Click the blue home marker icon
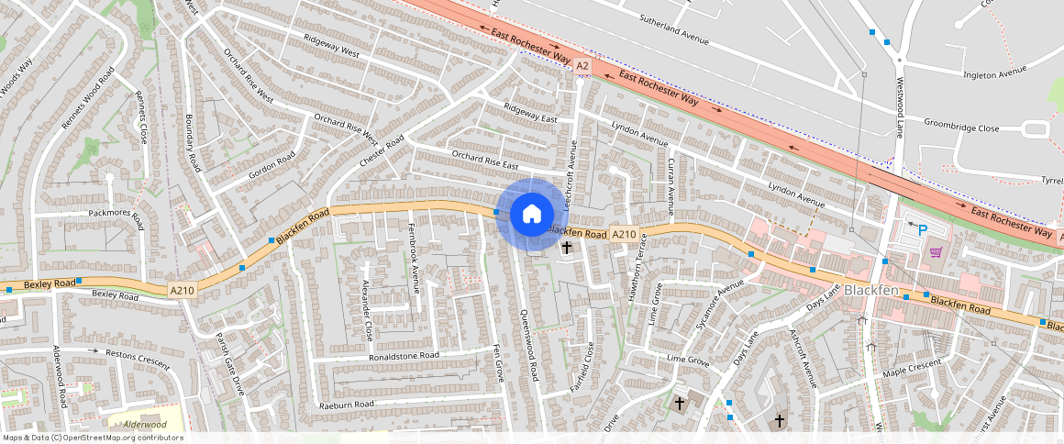(530, 215)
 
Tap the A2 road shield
(582, 66)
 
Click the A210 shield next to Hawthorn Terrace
(624, 235)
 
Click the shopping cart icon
(936, 251)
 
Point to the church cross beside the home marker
(567, 248)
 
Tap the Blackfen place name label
(871, 290)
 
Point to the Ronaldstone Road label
(404, 355)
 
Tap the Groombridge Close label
(961, 128)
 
